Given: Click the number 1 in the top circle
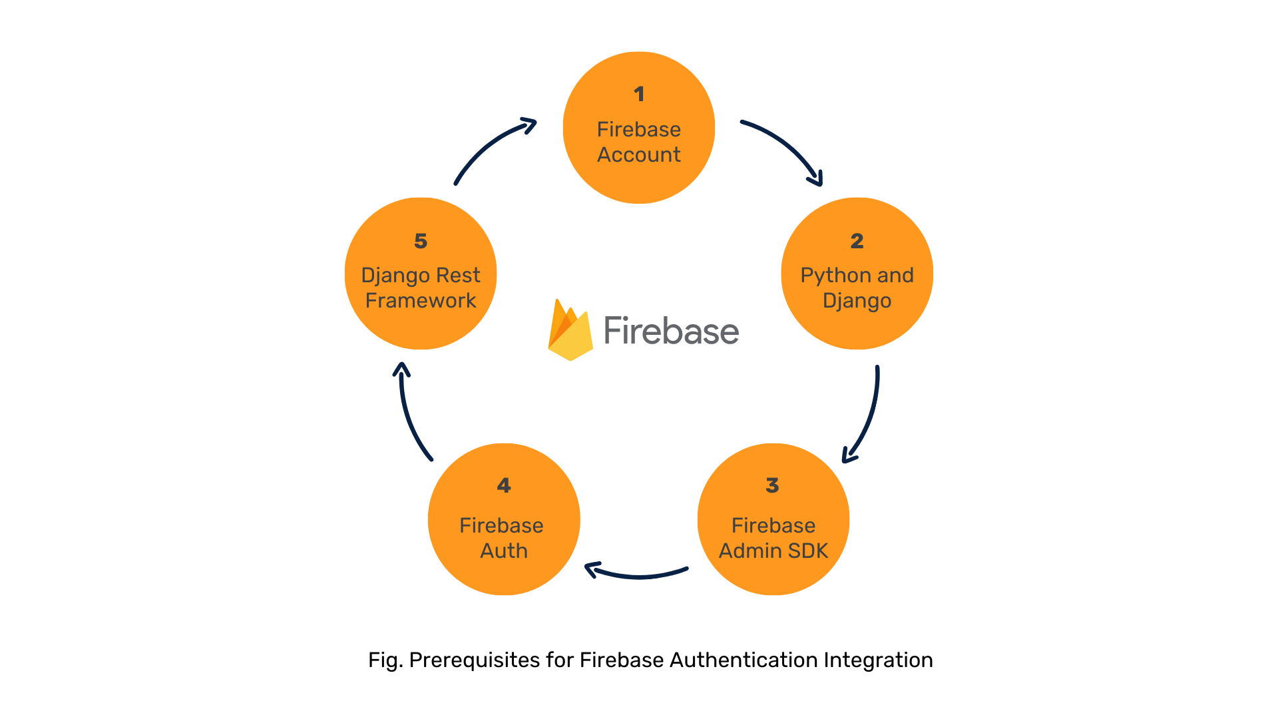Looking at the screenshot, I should pyautogui.click(x=639, y=94).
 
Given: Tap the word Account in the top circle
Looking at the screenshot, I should pyautogui.click(x=639, y=154).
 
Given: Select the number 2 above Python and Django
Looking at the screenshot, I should pyautogui.click(x=857, y=241).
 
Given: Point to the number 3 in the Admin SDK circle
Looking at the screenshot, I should pyautogui.click(x=772, y=485).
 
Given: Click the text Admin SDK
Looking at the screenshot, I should pyautogui.click(x=773, y=551).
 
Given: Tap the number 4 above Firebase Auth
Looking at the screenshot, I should pyautogui.click(x=504, y=485).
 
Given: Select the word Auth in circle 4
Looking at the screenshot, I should pyautogui.click(x=504, y=551).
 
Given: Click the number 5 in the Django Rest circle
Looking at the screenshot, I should pyautogui.click(x=421, y=241).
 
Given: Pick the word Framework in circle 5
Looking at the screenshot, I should pyautogui.click(x=421, y=300).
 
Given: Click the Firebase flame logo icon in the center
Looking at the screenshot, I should pyautogui.click(x=570, y=331).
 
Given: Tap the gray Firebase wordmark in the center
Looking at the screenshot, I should pyautogui.click(x=671, y=331).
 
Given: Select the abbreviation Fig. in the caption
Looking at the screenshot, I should pyautogui.click(x=385, y=660).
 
